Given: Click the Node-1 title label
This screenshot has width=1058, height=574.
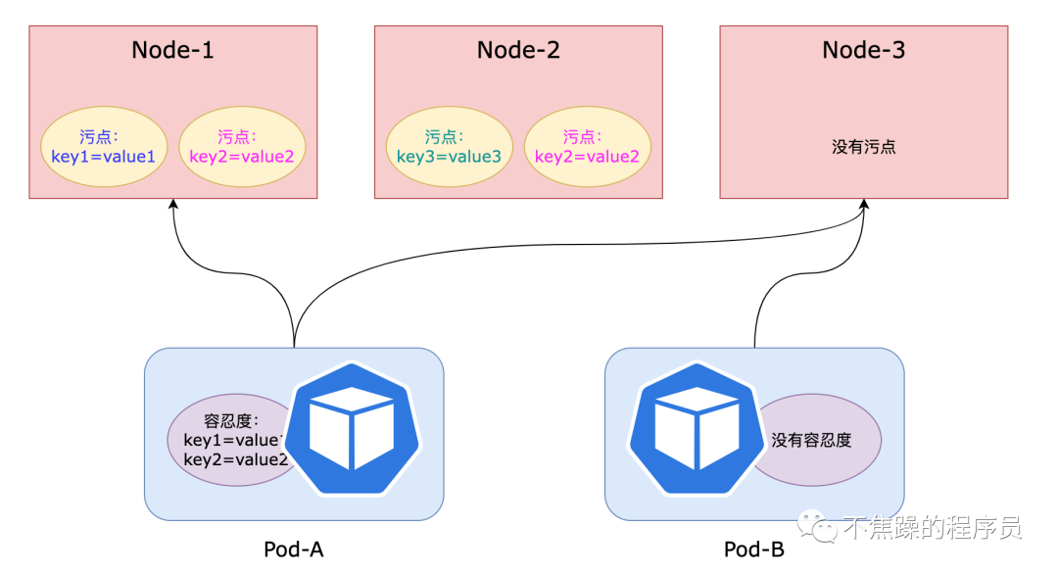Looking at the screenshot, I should coord(173,50).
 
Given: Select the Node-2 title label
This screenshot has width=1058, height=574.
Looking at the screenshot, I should coord(518,50).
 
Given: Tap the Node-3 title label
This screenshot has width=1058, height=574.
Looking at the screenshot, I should coord(863,50).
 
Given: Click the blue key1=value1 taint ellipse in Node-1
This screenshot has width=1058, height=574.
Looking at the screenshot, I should coord(104,147).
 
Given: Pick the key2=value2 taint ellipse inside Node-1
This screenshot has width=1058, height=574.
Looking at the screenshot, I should coord(242,147).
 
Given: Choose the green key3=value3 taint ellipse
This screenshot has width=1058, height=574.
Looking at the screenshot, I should coord(450,147).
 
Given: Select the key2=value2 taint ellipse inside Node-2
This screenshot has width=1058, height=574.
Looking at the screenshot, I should coord(587,147).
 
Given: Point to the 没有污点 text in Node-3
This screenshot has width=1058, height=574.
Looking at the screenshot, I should coord(863,148).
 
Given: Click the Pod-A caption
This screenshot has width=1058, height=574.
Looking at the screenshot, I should coord(293,550).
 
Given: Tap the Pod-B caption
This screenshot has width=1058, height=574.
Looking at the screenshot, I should coord(753,550).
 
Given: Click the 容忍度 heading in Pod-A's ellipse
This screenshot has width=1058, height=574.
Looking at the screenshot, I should coord(230,421).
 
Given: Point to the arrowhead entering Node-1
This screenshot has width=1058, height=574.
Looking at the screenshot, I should coord(173,205).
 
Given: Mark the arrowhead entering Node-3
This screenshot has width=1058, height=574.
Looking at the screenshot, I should coord(863,205).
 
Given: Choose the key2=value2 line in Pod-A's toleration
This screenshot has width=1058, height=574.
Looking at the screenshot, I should coord(235,459).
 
